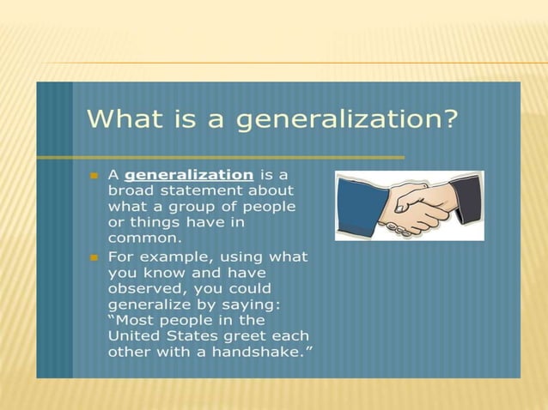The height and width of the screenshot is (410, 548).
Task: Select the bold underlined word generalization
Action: [x=189, y=174]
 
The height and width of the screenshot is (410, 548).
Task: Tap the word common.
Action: [x=144, y=238]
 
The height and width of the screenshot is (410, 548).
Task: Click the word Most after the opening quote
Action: [x=135, y=319]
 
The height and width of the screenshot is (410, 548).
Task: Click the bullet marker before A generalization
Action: [x=94, y=175]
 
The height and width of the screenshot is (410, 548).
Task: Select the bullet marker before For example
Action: [x=94, y=257]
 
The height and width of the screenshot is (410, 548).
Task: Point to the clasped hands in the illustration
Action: [x=413, y=210]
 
